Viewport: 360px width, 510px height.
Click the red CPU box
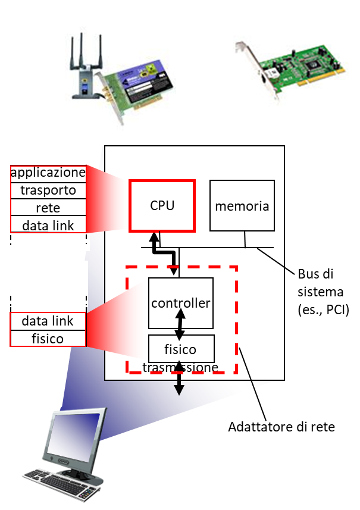point(162,206)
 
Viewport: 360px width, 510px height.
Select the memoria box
point(242,206)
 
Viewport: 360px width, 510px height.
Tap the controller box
point(180,303)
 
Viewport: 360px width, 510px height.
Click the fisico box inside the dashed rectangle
point(180,349)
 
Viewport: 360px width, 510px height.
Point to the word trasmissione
point(180,368)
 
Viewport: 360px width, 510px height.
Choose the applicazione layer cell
point(48,174)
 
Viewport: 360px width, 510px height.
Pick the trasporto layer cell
point(48,191)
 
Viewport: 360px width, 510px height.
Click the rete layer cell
point(48,208)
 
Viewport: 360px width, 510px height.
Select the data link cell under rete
point(48,225)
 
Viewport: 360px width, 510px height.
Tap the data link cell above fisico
point(48,321)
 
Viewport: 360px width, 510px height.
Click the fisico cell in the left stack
point(48,339)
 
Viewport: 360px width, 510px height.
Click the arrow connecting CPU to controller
point(164,252)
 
